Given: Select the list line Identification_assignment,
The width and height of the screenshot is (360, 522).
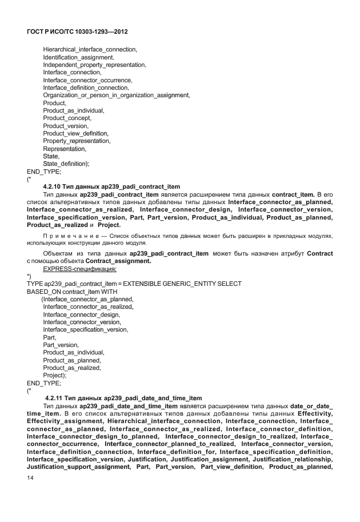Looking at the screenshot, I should [x=79, y=57].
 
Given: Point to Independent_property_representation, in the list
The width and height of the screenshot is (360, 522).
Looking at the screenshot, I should [x=93, y=65].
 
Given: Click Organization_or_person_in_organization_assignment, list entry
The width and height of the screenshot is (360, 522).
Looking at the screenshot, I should [x=117, y=95].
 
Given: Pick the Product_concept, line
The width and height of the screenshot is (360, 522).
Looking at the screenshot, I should [x=67, y=118].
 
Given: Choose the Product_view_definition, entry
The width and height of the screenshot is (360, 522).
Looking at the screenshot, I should [x=76, y=133].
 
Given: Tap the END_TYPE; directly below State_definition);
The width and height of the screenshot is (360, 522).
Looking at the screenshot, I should [x=44, y=171].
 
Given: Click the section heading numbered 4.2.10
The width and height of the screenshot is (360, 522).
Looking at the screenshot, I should [x=111, y=186].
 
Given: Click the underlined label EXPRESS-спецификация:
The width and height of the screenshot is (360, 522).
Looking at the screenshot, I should [x=80, y=268].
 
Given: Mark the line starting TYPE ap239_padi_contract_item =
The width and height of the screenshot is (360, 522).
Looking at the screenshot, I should [x=134, y=284].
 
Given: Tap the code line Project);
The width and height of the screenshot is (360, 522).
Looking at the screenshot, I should [x=55, y=375].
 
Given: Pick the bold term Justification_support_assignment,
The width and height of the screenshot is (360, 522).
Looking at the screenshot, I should [x=78, y=467].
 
